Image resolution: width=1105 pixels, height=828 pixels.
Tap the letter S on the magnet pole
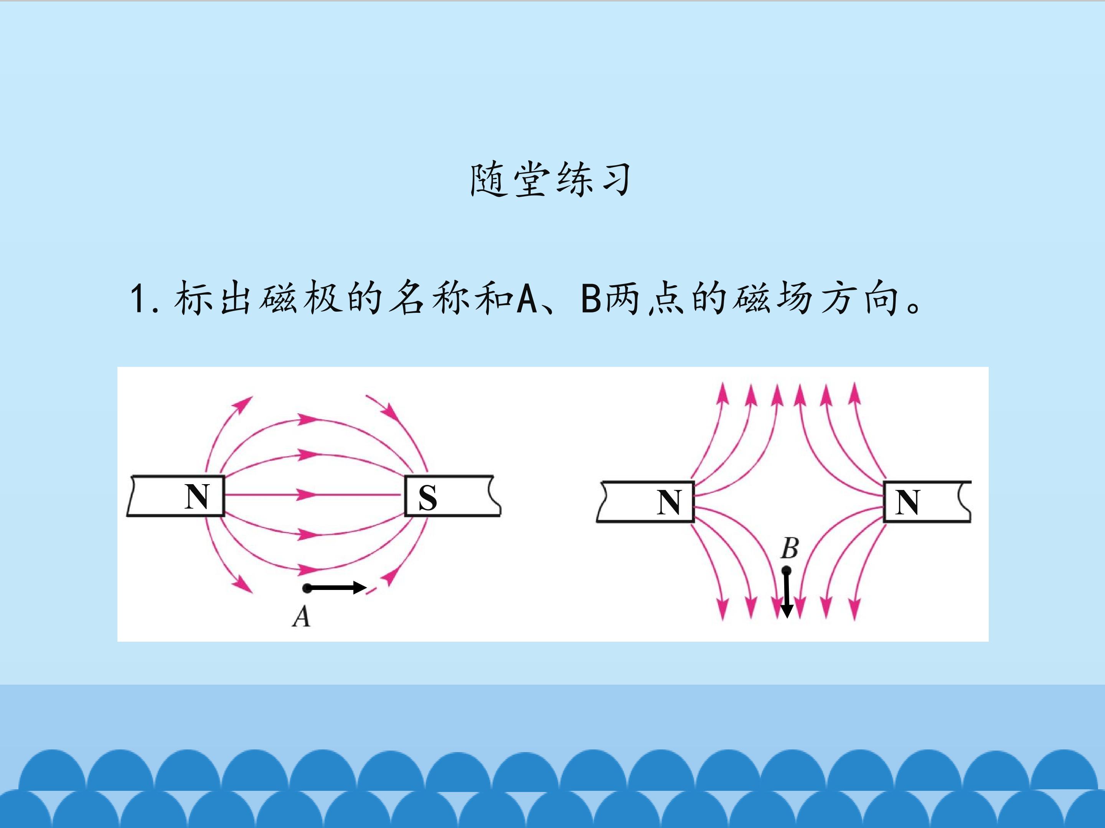(428, 498)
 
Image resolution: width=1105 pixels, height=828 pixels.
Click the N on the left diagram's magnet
(196, 496)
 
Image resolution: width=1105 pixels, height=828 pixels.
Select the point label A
(301, 616)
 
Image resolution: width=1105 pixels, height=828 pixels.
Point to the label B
(789, 548)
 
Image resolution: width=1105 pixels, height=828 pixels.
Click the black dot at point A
(307, 588)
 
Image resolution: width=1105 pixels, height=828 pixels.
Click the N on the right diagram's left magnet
(669, 502)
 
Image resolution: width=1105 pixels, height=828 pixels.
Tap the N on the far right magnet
(907, 502)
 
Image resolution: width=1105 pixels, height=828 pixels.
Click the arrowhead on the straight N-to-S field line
(306, 495)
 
